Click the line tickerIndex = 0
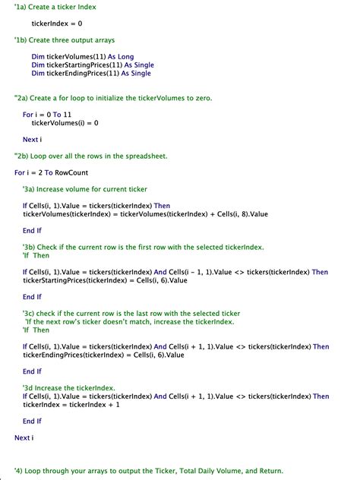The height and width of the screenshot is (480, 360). click(x=57, y=24)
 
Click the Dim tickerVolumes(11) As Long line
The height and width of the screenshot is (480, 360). click(x=83, y=57)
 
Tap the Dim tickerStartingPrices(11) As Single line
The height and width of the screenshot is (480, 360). click(x=92, y=65)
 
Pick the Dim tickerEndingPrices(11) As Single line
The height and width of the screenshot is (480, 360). click(x=91, y=74)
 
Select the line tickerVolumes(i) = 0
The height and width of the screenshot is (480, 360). click(x=65, y=122)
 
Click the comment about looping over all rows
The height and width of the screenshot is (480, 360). click(x=91, y=156)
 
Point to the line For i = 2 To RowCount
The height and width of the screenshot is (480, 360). click(x=51, y=172)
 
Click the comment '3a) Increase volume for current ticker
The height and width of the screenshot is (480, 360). click(x=85, y=189)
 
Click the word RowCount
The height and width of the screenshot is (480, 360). click(x=71, y=172)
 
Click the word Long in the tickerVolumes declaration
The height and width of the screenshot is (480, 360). click(x=126, y=57)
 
